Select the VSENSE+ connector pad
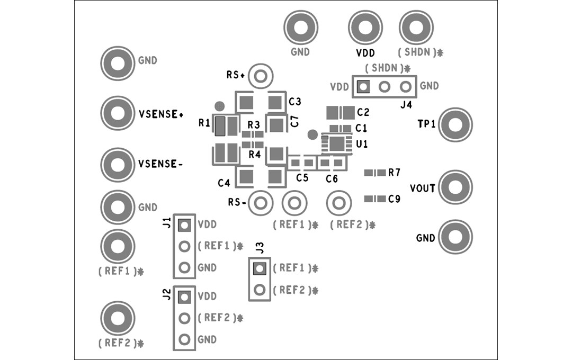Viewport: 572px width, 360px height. click(117, 113)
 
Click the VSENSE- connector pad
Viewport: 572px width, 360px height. click(117, 164)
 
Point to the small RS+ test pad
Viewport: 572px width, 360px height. click(260, 76)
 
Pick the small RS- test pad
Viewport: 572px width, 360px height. click(260, 202)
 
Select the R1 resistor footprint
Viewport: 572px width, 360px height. click(220, 126)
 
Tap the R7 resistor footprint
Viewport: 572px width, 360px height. click(375, 173)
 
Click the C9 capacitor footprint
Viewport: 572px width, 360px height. click(375, 199)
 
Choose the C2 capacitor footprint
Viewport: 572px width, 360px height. click(340, 112)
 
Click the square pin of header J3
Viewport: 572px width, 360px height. click(259, 269)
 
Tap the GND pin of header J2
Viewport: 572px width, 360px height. click(184, 339)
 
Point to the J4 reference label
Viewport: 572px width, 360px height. click(406, 105)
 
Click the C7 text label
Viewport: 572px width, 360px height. click(294, 121)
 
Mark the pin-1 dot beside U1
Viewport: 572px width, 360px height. click(312, 134)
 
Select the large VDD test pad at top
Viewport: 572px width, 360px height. click(365, 28)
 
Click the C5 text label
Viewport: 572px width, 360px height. click(302, 178)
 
